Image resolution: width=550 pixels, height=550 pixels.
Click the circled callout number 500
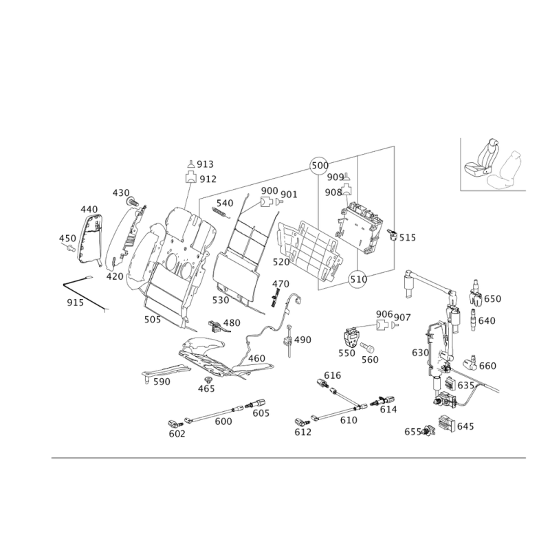pos(320,165)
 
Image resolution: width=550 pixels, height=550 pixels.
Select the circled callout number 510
pos(358,279)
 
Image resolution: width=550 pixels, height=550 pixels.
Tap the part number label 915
pos(76,302)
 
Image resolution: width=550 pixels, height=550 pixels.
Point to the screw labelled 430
pos(132,201)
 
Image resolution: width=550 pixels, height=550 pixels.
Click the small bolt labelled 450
pos(71,249)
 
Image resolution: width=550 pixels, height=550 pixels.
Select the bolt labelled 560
pos(368,347)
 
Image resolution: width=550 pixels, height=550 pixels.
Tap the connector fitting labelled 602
pos(175,423)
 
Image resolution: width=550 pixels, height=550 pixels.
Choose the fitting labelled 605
pos(256,403)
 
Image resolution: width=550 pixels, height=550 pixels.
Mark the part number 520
pos(281,262)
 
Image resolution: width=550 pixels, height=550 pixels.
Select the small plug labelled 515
pos(392,234)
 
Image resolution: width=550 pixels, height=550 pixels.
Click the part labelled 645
pos(446,423)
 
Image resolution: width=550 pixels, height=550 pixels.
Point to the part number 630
pos(420,353)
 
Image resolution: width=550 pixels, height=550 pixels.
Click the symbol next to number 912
pos(191,177)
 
